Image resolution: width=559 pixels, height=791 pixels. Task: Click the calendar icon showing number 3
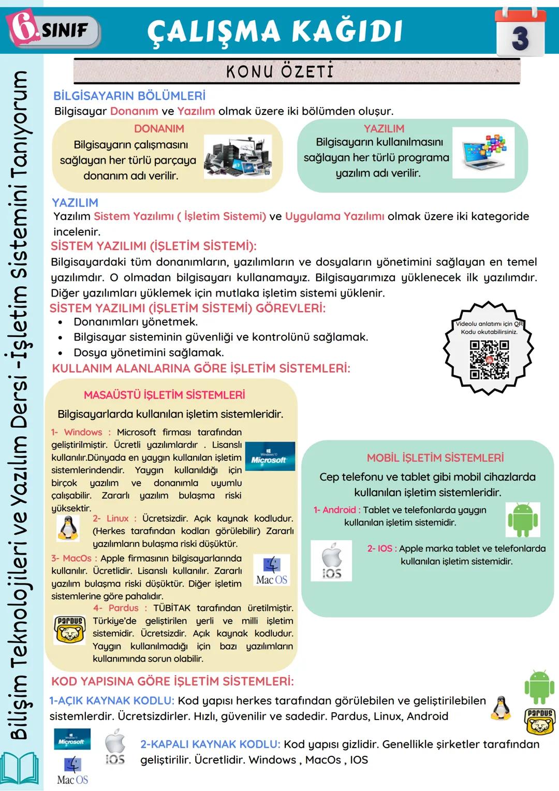coord(520,32)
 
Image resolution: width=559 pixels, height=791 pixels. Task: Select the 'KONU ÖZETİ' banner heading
coord(280,71)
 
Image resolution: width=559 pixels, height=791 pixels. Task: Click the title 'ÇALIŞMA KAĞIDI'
coord(275,31)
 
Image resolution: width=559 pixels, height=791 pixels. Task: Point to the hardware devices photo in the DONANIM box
coord(238,156)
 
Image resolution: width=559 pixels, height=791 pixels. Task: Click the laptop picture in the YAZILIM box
coord(483,153)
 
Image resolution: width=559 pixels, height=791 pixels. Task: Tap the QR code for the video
coord(489,359)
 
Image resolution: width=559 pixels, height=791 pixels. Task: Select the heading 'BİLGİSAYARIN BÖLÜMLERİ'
coord(129,96)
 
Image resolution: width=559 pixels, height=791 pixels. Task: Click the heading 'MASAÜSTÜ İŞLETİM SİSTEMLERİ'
coord(164,395)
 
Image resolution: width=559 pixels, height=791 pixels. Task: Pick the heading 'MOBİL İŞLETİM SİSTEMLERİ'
coord(435,458)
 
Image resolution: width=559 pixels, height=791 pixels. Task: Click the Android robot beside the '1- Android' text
coord(522,520)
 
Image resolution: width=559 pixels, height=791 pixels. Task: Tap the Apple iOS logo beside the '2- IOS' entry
coord(331,561)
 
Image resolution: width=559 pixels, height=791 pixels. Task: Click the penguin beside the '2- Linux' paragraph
coord(68,529)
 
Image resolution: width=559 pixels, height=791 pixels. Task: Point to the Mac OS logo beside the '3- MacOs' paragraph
coord(272,570)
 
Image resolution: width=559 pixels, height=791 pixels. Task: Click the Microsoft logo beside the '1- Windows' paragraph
coord(270,457)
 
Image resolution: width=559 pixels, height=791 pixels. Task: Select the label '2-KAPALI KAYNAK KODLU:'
coord(210,744)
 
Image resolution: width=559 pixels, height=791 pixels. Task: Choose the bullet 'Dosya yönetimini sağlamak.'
coord(149,353)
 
